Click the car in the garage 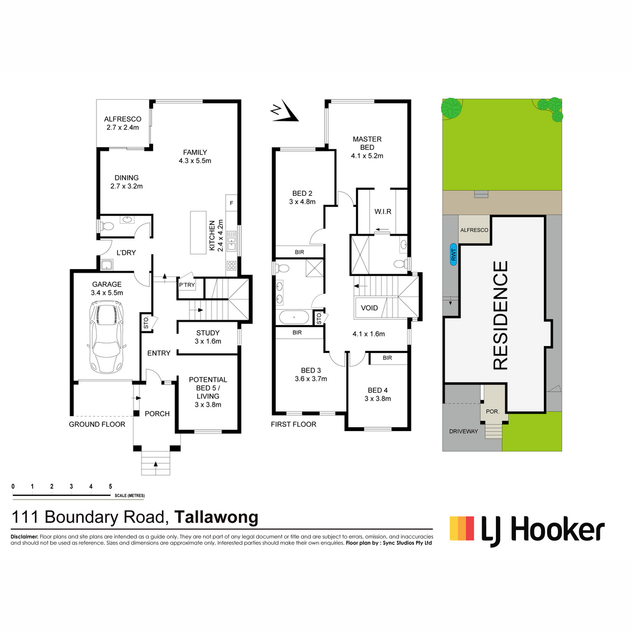pos(107,338)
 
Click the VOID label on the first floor pos(369,308)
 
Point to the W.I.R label pos(382,212)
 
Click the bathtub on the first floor pos(294,318)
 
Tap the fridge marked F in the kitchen pos(231,203)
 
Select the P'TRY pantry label pos(187,285)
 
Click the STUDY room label pos(208,333)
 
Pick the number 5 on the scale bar pos(110,486)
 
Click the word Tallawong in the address pos(216,517)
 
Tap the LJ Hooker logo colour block pos(462,528)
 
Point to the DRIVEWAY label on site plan pos(463,431)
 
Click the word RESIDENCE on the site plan pos(501,315)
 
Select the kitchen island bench pos(198,233)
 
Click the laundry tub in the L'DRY pos(107,265)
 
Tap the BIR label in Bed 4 pos(387,358)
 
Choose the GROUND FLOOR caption pos(97,425)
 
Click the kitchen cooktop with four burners pos(231,266)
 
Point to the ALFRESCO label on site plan pos(474,230)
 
